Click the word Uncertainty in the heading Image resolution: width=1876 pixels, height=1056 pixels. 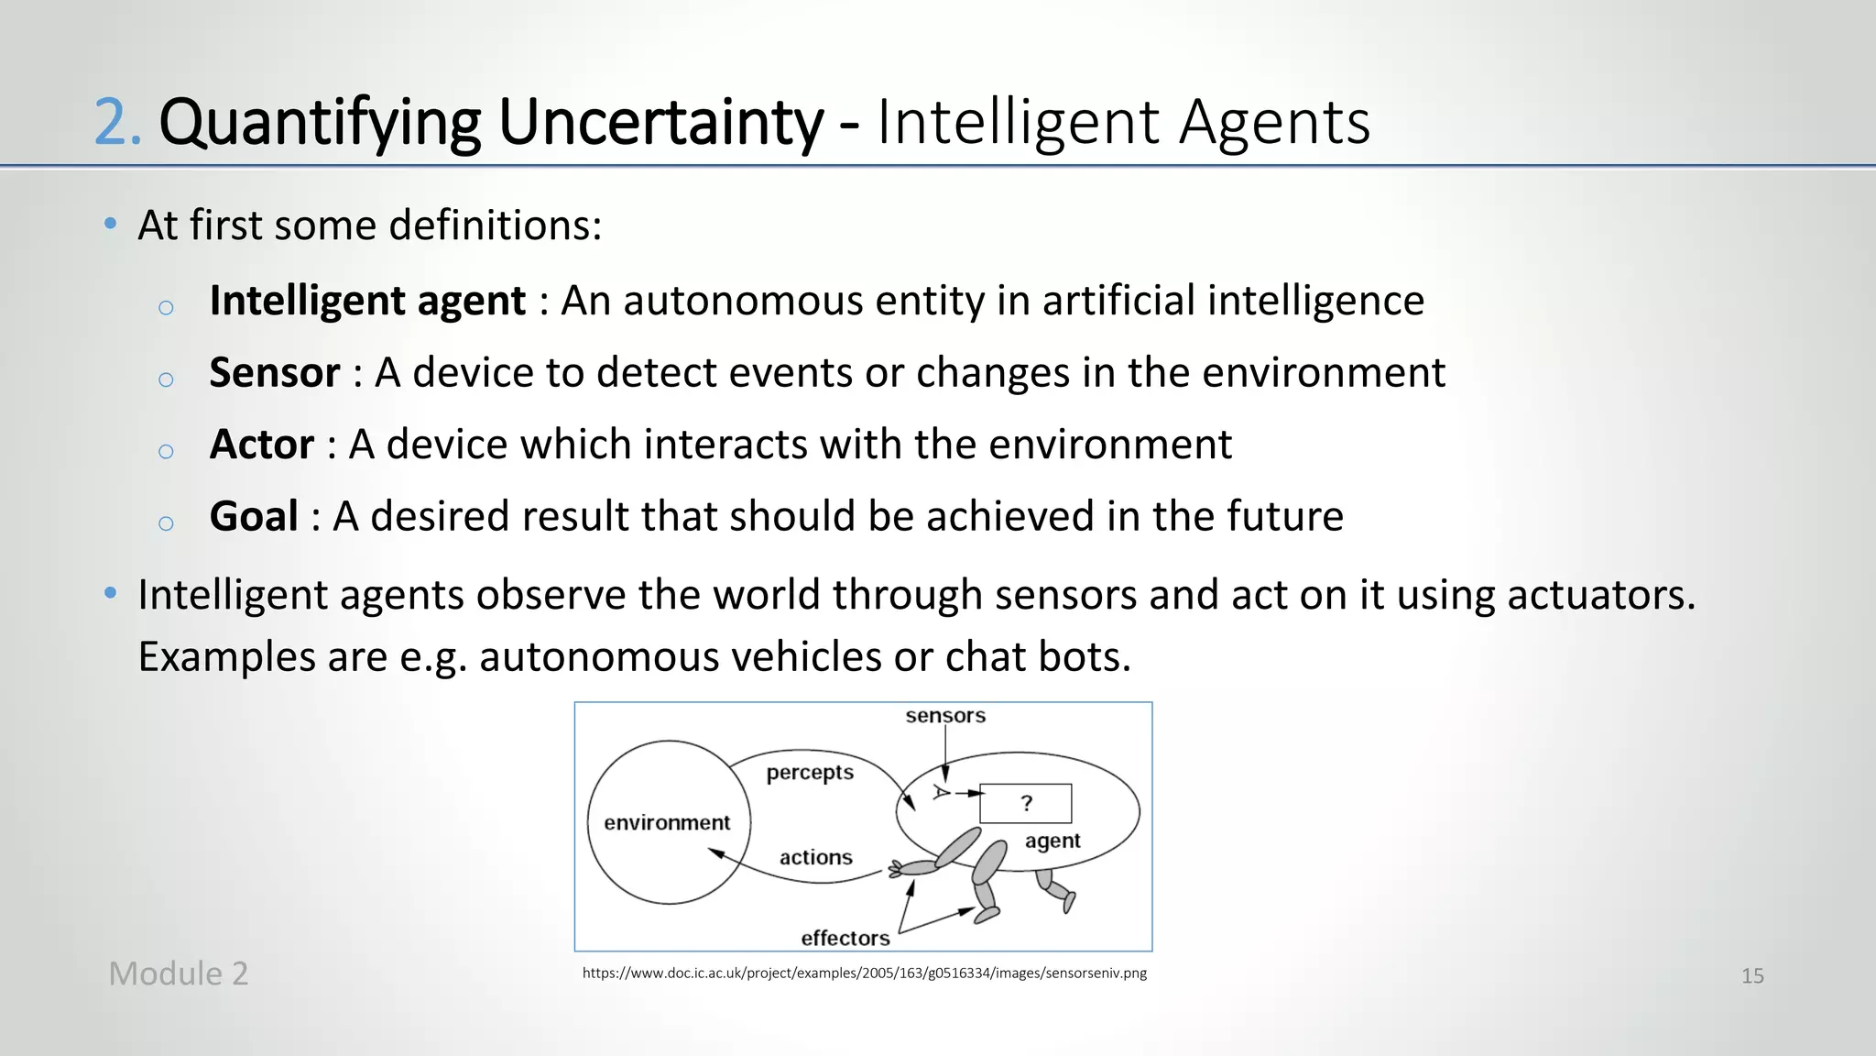660,123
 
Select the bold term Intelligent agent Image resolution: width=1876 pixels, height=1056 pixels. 367,301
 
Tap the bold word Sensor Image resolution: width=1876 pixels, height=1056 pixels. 275,373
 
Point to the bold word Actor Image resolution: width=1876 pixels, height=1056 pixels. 262,445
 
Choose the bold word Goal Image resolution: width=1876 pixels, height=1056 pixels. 254,516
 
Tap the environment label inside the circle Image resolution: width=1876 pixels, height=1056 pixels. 667,823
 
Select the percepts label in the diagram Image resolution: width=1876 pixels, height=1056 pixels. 810,773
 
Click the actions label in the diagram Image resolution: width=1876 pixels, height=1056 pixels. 815,858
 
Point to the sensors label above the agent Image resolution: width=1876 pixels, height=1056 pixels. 945,716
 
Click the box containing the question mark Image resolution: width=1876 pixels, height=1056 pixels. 1026,804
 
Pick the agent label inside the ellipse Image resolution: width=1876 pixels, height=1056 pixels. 1053,841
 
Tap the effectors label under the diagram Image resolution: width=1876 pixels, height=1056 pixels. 845,938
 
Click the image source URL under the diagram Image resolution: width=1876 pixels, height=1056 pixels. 864,973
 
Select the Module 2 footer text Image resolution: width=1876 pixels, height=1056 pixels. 179,973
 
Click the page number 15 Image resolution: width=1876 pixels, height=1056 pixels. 1752,976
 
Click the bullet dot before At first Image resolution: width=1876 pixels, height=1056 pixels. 111,224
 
